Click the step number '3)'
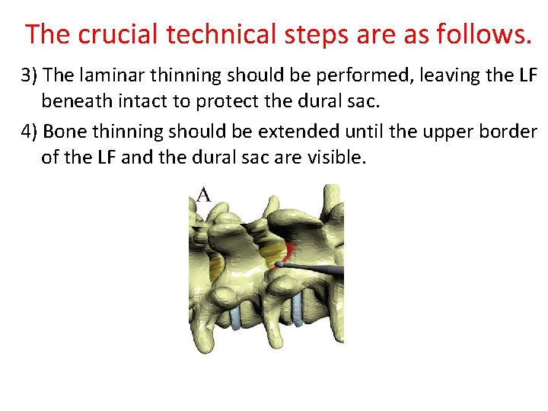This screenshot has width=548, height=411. (x=30, y=75)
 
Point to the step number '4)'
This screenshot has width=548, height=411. (x=30, y=132)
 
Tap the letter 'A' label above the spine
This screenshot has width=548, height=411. (x=203, y=196)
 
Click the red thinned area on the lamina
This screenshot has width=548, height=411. (x=288, y=252)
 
